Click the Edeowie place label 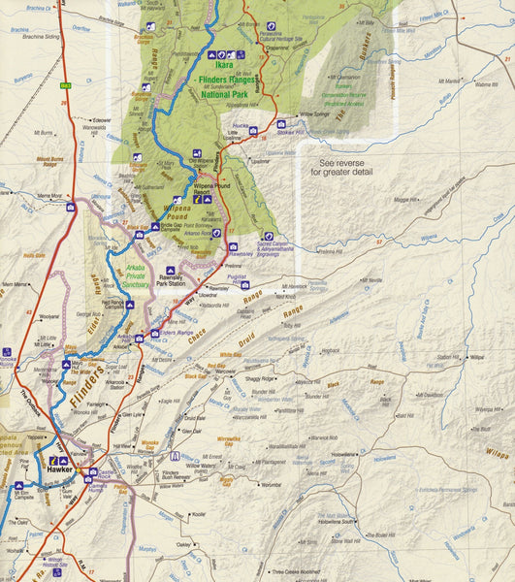click(x=102, y=119)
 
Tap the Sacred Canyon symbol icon click(x=261, y=236)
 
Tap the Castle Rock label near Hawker click(x=112, y=470)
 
